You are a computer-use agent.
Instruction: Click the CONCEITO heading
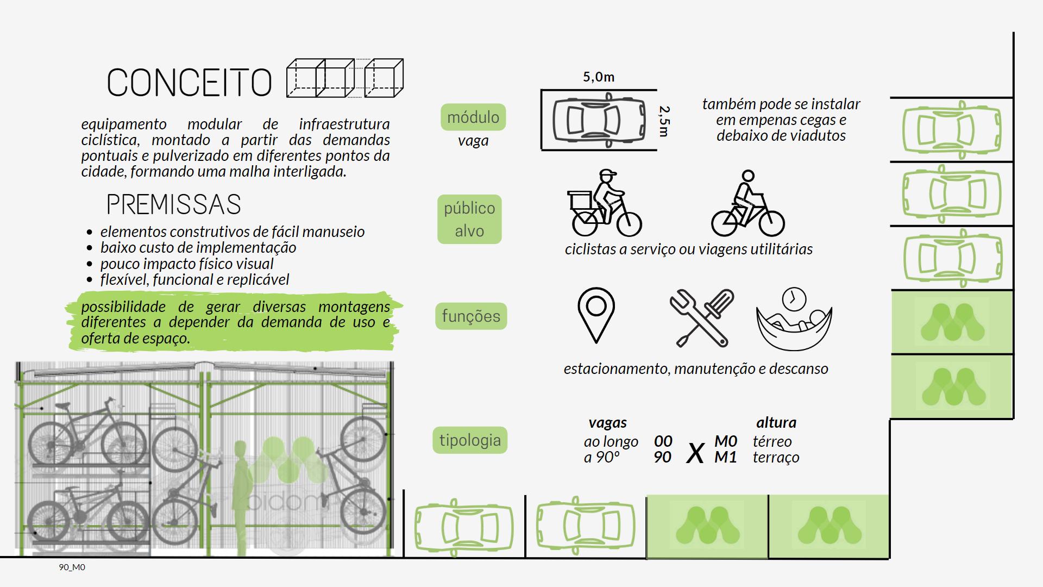click(189, 83)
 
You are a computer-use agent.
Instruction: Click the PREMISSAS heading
click(173, 204)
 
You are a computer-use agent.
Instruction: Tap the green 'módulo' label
click(473, 117)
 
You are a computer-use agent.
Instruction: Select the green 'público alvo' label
click(469, 219)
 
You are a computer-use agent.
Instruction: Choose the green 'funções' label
click(470, 316)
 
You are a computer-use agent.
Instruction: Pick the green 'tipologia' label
click(470, 440)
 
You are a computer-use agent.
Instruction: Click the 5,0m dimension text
click(599, 77)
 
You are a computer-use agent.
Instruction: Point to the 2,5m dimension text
click(664, 121)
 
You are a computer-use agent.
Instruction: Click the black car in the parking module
click(599, 120)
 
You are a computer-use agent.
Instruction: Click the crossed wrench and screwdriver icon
click(702, 318)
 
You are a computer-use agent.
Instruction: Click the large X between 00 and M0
click(695, 452)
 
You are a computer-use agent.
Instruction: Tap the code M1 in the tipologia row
click(725, 457)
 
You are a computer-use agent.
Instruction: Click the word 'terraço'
click(776, 457)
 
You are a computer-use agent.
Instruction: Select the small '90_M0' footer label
click(72, 567)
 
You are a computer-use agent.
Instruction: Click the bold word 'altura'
click(776, 422)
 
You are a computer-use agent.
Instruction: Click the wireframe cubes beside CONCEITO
click(344, 78)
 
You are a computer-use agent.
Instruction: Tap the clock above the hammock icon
click(794, 298)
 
